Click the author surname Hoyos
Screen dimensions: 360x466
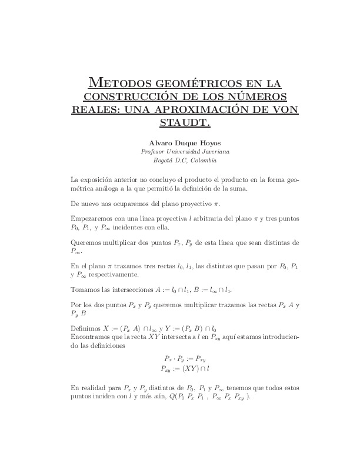point(206,142)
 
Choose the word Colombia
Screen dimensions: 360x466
point(201,160)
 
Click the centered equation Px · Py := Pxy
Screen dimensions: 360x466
point(184,358)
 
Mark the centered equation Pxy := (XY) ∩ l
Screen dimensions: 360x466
point(184,368)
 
